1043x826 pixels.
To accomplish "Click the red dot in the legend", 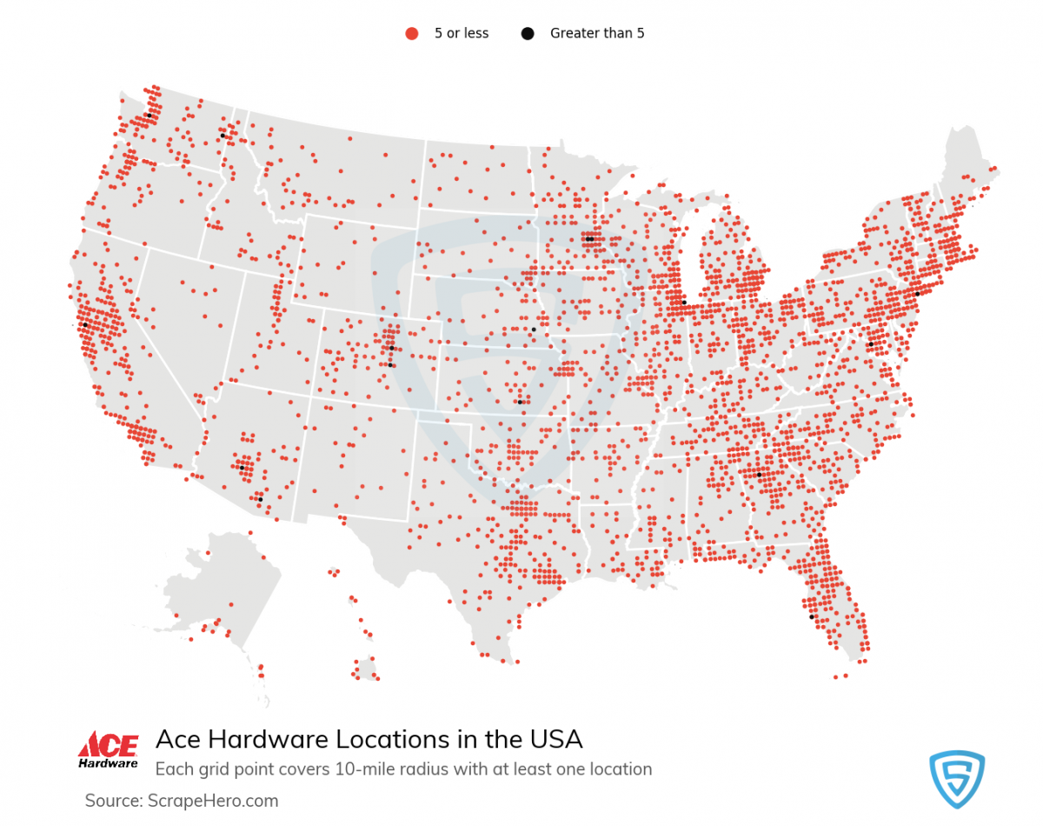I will pos(412,34).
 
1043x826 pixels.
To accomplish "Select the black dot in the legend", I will pos(528,34).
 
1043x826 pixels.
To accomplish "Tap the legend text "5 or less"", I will pos(462,34).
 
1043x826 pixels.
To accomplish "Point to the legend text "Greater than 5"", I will pos(597,34).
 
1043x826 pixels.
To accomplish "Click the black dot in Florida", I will pos(812,616).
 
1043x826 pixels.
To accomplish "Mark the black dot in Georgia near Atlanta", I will pos(759,475).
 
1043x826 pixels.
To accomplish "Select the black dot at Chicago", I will pos(684,303).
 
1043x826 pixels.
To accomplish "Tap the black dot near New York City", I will pos(917,294).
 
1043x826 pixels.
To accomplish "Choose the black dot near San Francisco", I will pos(85,324).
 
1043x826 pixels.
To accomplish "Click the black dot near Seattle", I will pos(149,115).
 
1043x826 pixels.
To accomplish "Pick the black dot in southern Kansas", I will pos(520,402).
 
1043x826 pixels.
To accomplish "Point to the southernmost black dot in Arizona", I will pos(260,499).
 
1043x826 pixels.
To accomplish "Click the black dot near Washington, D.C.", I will pos(870,344).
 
